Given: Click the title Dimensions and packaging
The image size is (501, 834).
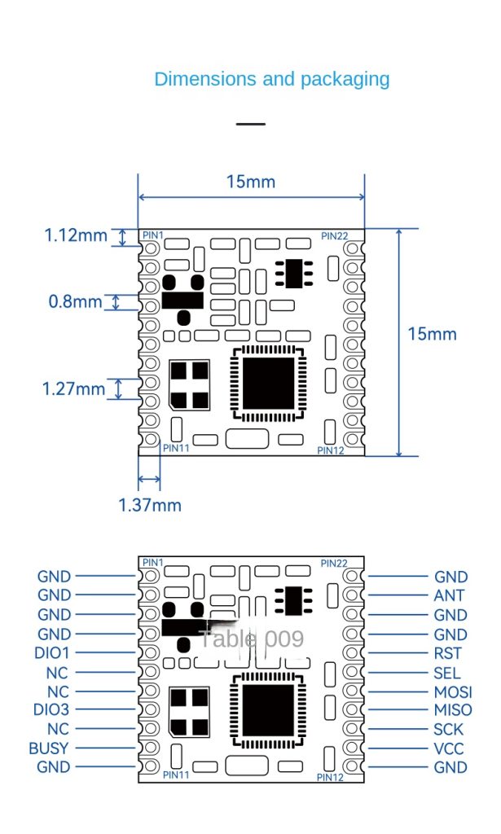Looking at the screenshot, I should point(271,79).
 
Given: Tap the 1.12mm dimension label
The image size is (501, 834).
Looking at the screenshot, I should point(75,235).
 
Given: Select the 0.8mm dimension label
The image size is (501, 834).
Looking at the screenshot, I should point(75,301).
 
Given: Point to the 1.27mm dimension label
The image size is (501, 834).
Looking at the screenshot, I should point(73,388).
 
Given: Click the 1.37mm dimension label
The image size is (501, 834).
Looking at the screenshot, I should point(149,504).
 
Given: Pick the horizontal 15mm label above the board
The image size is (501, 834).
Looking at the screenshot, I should point(251,182).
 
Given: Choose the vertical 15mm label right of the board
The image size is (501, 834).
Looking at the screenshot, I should point(433,334).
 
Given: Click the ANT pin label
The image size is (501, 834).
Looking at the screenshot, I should point(449,595).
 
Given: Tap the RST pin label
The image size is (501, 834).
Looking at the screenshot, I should point(448,653).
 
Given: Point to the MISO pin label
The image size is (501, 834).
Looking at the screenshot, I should point(453,710).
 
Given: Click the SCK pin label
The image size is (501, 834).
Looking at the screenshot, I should point(449,729).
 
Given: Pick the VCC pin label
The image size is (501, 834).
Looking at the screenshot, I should point(449,748).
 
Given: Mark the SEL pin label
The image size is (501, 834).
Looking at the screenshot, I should point(447,673).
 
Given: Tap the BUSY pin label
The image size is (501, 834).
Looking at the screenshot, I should point(49,748).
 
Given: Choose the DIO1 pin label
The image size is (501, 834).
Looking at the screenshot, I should point(51,653).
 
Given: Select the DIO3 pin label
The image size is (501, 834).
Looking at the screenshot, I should point(51,709).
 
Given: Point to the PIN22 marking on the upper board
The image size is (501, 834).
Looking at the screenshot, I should point(334,236).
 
